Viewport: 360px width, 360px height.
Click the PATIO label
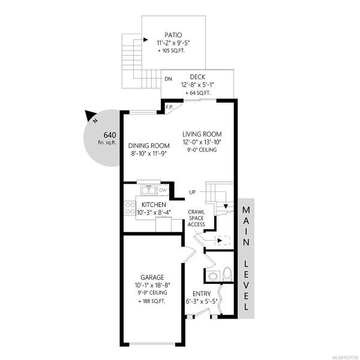point(173,35)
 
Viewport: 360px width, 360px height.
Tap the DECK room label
point(197,77)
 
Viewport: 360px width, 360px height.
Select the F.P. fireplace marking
point(169,107)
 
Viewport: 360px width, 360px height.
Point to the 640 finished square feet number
point(110,135)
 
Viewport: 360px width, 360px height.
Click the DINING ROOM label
point(149,146)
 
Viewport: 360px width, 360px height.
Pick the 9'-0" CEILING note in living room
point(202,149)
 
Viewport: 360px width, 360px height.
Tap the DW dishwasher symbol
point(163,190)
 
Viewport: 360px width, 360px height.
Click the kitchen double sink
point(149,190)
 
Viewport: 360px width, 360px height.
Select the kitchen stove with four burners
point(130,208)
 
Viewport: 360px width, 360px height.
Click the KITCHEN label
point(154,205)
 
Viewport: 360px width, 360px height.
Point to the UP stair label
point(193,192)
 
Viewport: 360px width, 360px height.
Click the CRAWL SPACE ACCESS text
point(196,218)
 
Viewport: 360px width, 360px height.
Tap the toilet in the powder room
point(227,274)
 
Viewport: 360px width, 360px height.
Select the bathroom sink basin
point(214,276)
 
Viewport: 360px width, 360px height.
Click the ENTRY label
point(202,293)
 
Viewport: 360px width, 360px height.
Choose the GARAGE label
point(152,277)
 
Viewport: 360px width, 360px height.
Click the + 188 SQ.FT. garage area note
point(152,301)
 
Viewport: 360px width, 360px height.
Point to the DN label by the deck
point(168,79)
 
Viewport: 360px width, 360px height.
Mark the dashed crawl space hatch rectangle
point(222,241)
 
